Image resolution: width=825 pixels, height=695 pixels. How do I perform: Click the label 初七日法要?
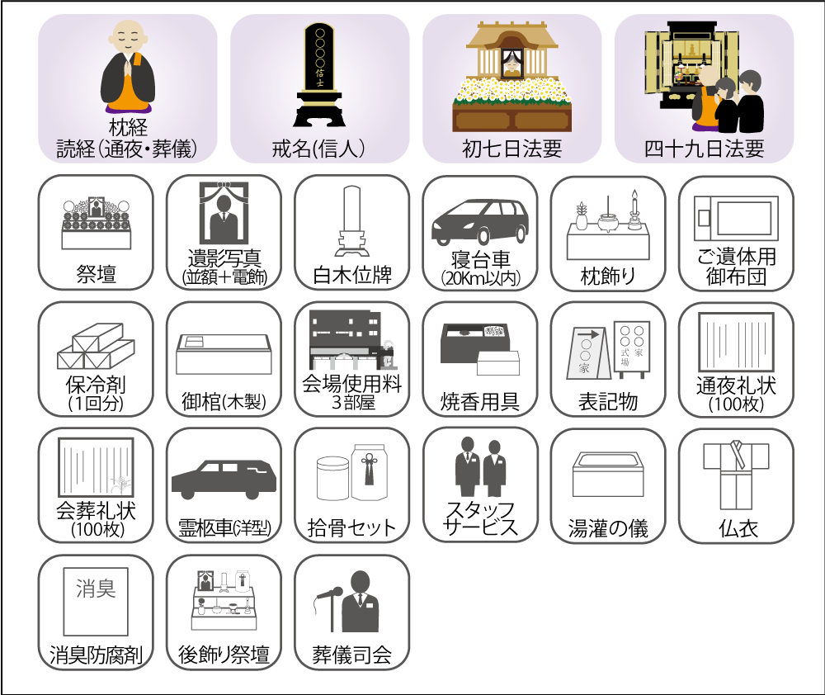point(512,149)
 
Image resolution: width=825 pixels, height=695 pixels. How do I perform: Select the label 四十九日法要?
point(704,149)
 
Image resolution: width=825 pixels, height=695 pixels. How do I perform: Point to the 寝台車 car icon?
point(480,222)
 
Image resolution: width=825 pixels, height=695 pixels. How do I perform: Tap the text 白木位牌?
point(352,275)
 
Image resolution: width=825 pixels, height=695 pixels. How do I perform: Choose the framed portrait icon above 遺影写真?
point(224,213)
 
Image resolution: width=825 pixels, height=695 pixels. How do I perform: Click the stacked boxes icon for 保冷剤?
point(96,346)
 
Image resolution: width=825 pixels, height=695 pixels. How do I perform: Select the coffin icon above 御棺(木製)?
point(224,354)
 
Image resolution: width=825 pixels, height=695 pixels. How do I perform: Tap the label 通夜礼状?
point(736,385)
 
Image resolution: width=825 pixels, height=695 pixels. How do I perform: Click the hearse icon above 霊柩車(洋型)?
point(224,479)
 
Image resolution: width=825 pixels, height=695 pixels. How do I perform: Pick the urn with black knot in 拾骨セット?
point(370,471)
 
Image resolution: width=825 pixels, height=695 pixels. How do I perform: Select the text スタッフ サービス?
point(480,518)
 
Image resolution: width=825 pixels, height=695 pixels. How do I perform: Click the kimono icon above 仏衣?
point(736,475)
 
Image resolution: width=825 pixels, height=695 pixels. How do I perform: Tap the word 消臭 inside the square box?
point(96,589)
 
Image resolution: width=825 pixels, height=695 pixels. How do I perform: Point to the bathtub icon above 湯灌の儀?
point(608,474)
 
